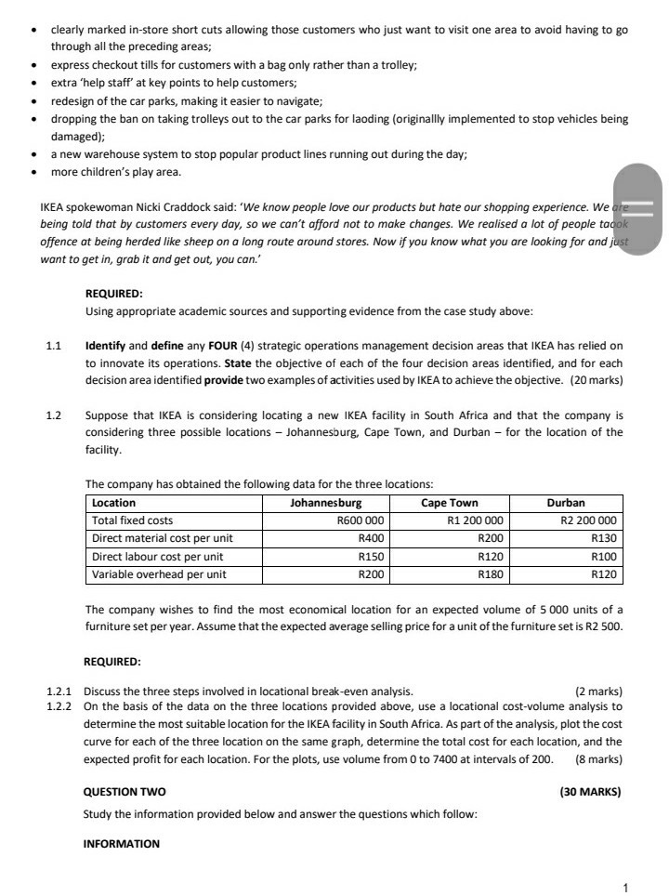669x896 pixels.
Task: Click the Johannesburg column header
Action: (x=325, y=503)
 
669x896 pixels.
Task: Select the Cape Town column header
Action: (x=451, y=503)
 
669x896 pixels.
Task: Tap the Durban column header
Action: (x=566, y=503)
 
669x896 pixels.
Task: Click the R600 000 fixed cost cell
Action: (x=361, y=520)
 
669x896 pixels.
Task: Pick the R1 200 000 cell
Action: (x=475, y=520)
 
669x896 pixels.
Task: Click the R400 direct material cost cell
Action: (x=372, y=538)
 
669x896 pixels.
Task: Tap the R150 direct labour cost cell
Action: (x=372, y=557)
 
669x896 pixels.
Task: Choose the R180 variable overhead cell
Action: (x=490, y=574)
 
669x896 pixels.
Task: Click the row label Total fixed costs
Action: (x=132, y=520)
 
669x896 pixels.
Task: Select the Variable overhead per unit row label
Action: (x=159, y=574)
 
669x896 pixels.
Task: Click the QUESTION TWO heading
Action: (x=125, y=792)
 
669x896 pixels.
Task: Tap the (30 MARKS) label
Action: (x=591, y=792)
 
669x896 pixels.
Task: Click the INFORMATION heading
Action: (x=122, y=844)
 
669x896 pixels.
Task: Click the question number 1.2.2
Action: (x=61, y=706)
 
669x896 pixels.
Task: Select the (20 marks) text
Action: (x=593, y=380)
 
